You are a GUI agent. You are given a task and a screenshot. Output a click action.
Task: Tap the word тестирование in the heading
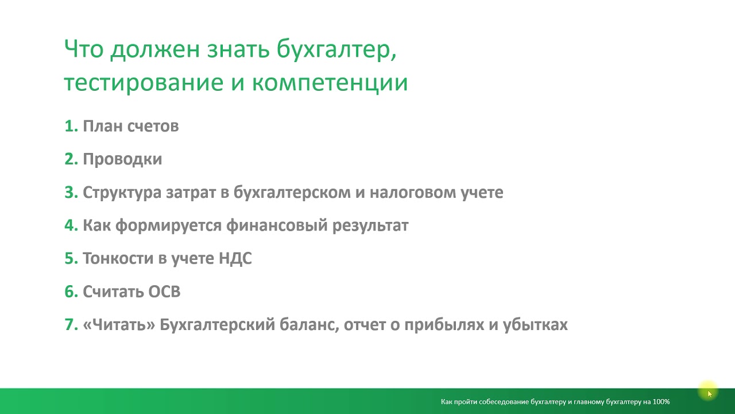[x=144, y=82]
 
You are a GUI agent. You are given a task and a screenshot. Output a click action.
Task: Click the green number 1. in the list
[x=71, y=126]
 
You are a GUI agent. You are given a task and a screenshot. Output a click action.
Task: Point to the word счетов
[x=153, y=126]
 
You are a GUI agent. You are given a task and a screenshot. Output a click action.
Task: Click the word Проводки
[x=122, y=159]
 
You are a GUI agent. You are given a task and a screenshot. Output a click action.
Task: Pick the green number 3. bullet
[x=71, y=193]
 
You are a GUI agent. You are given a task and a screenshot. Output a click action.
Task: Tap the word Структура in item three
[x=122, y=193]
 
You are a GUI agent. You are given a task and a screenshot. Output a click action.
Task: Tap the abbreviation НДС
[x=235, y=258]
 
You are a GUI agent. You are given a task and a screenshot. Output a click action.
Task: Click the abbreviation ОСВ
[x=164, y=292]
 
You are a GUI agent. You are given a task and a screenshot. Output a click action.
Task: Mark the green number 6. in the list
[x=71, y=292]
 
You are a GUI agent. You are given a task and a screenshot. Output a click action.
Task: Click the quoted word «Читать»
[x=119, y=325]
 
